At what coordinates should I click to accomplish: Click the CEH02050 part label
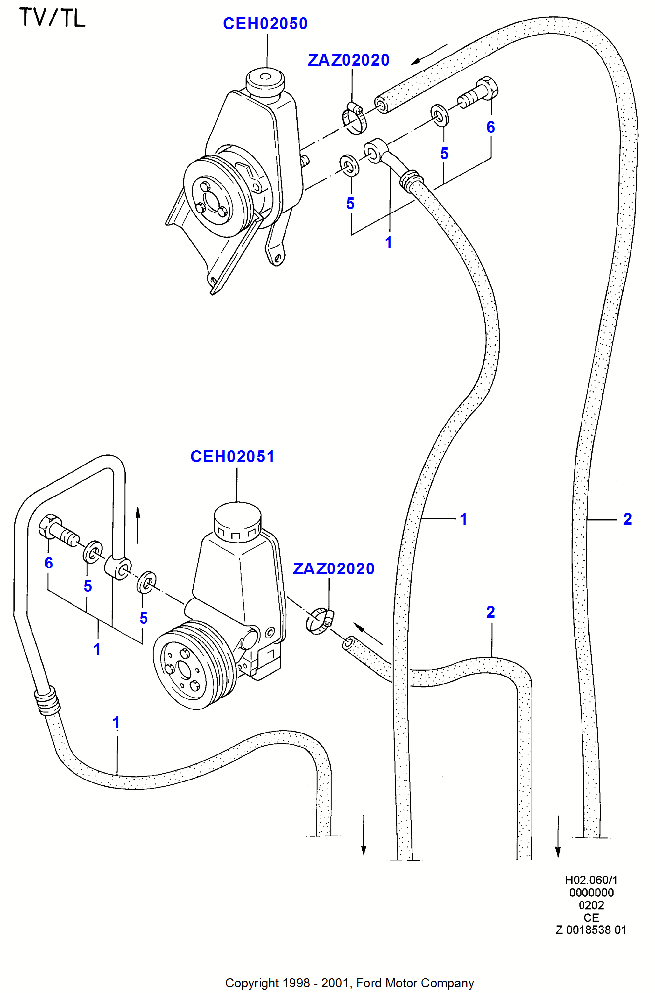265,24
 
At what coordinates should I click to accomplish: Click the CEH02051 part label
232,457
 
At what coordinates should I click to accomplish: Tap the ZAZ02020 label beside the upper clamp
349,60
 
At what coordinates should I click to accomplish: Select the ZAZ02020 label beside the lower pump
334,569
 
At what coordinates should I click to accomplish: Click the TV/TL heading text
52,18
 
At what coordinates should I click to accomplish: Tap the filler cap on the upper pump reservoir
265,81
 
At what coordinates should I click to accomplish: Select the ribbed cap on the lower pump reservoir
237,521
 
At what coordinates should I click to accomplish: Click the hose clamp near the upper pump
354,119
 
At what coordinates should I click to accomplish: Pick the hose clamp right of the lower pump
319,621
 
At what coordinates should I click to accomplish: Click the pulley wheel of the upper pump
214,197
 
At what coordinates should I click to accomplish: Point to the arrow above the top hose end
429,54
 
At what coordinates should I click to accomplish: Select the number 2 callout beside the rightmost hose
627,519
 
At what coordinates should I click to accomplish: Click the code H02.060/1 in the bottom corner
591,880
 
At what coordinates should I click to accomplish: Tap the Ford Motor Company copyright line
350,983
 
